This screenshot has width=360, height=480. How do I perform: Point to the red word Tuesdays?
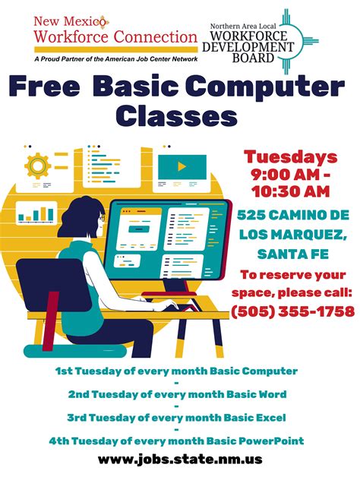(290, 157)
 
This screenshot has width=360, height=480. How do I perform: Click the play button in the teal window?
(182, 166)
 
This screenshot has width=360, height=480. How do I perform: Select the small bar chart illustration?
(36, 213)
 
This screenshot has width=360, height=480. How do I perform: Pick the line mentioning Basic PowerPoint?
(175, 441)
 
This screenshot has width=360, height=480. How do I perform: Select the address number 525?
(255, 215)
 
